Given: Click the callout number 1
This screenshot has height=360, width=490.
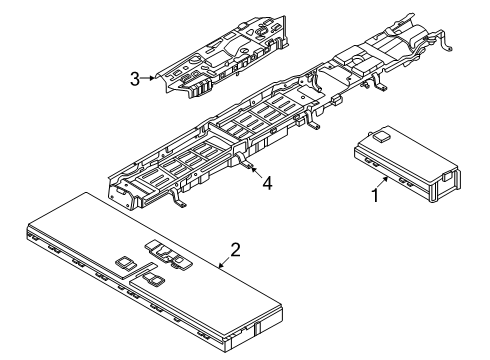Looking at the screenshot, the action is (375, 195).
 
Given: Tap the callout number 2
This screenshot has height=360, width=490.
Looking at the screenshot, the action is (235, 250).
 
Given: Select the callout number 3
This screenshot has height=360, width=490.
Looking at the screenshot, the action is (135, 79).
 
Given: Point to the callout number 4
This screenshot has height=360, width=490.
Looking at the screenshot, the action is (267, 183).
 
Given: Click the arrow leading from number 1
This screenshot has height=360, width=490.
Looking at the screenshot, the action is (382, 183).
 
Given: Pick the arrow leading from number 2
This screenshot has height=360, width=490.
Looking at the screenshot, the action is (225, 262).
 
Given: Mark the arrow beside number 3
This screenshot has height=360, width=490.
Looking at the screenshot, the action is (147, 78).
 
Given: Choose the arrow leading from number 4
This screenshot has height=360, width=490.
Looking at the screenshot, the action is (256, 172).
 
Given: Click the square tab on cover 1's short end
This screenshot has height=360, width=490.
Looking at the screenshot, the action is (448, 176).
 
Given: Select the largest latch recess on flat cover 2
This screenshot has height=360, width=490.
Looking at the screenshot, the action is (168, 255).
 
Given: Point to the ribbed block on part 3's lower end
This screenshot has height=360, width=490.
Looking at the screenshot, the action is (201, 88).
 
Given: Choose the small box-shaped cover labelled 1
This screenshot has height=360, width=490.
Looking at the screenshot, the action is (407, 164).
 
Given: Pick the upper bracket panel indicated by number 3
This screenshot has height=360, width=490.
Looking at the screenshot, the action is (222, 58).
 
